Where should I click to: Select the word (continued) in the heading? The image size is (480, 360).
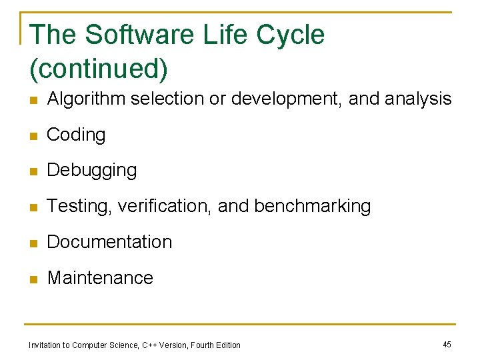pos(99,67)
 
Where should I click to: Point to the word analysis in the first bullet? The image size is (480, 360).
pos(418,99)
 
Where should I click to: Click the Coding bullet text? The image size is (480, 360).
pos(76,135)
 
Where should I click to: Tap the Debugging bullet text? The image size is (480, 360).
pos(92,171)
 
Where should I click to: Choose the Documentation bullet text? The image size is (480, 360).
pos(109,242)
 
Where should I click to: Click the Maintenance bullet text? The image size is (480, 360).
pos(100,278)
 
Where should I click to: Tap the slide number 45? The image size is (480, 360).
pos(447,344)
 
